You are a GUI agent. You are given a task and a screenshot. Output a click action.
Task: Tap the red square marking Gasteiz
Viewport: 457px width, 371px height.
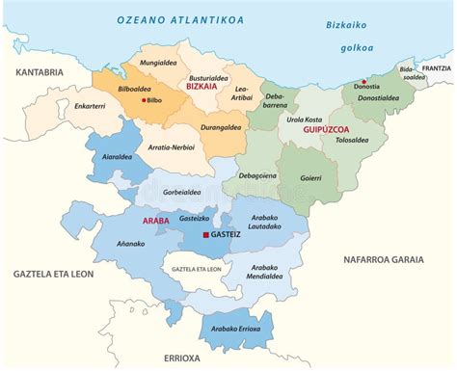click(x=203, y=234)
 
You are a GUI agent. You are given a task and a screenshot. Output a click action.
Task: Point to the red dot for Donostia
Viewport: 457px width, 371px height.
click(x=363, y=82)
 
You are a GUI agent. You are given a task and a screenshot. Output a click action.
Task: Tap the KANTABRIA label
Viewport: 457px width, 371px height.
click(x=40, y=71)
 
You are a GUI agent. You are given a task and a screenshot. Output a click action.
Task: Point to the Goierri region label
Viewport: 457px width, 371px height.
click(x=311, y=178)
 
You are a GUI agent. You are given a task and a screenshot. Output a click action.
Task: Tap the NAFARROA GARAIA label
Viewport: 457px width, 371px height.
click(x=383, y=259)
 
